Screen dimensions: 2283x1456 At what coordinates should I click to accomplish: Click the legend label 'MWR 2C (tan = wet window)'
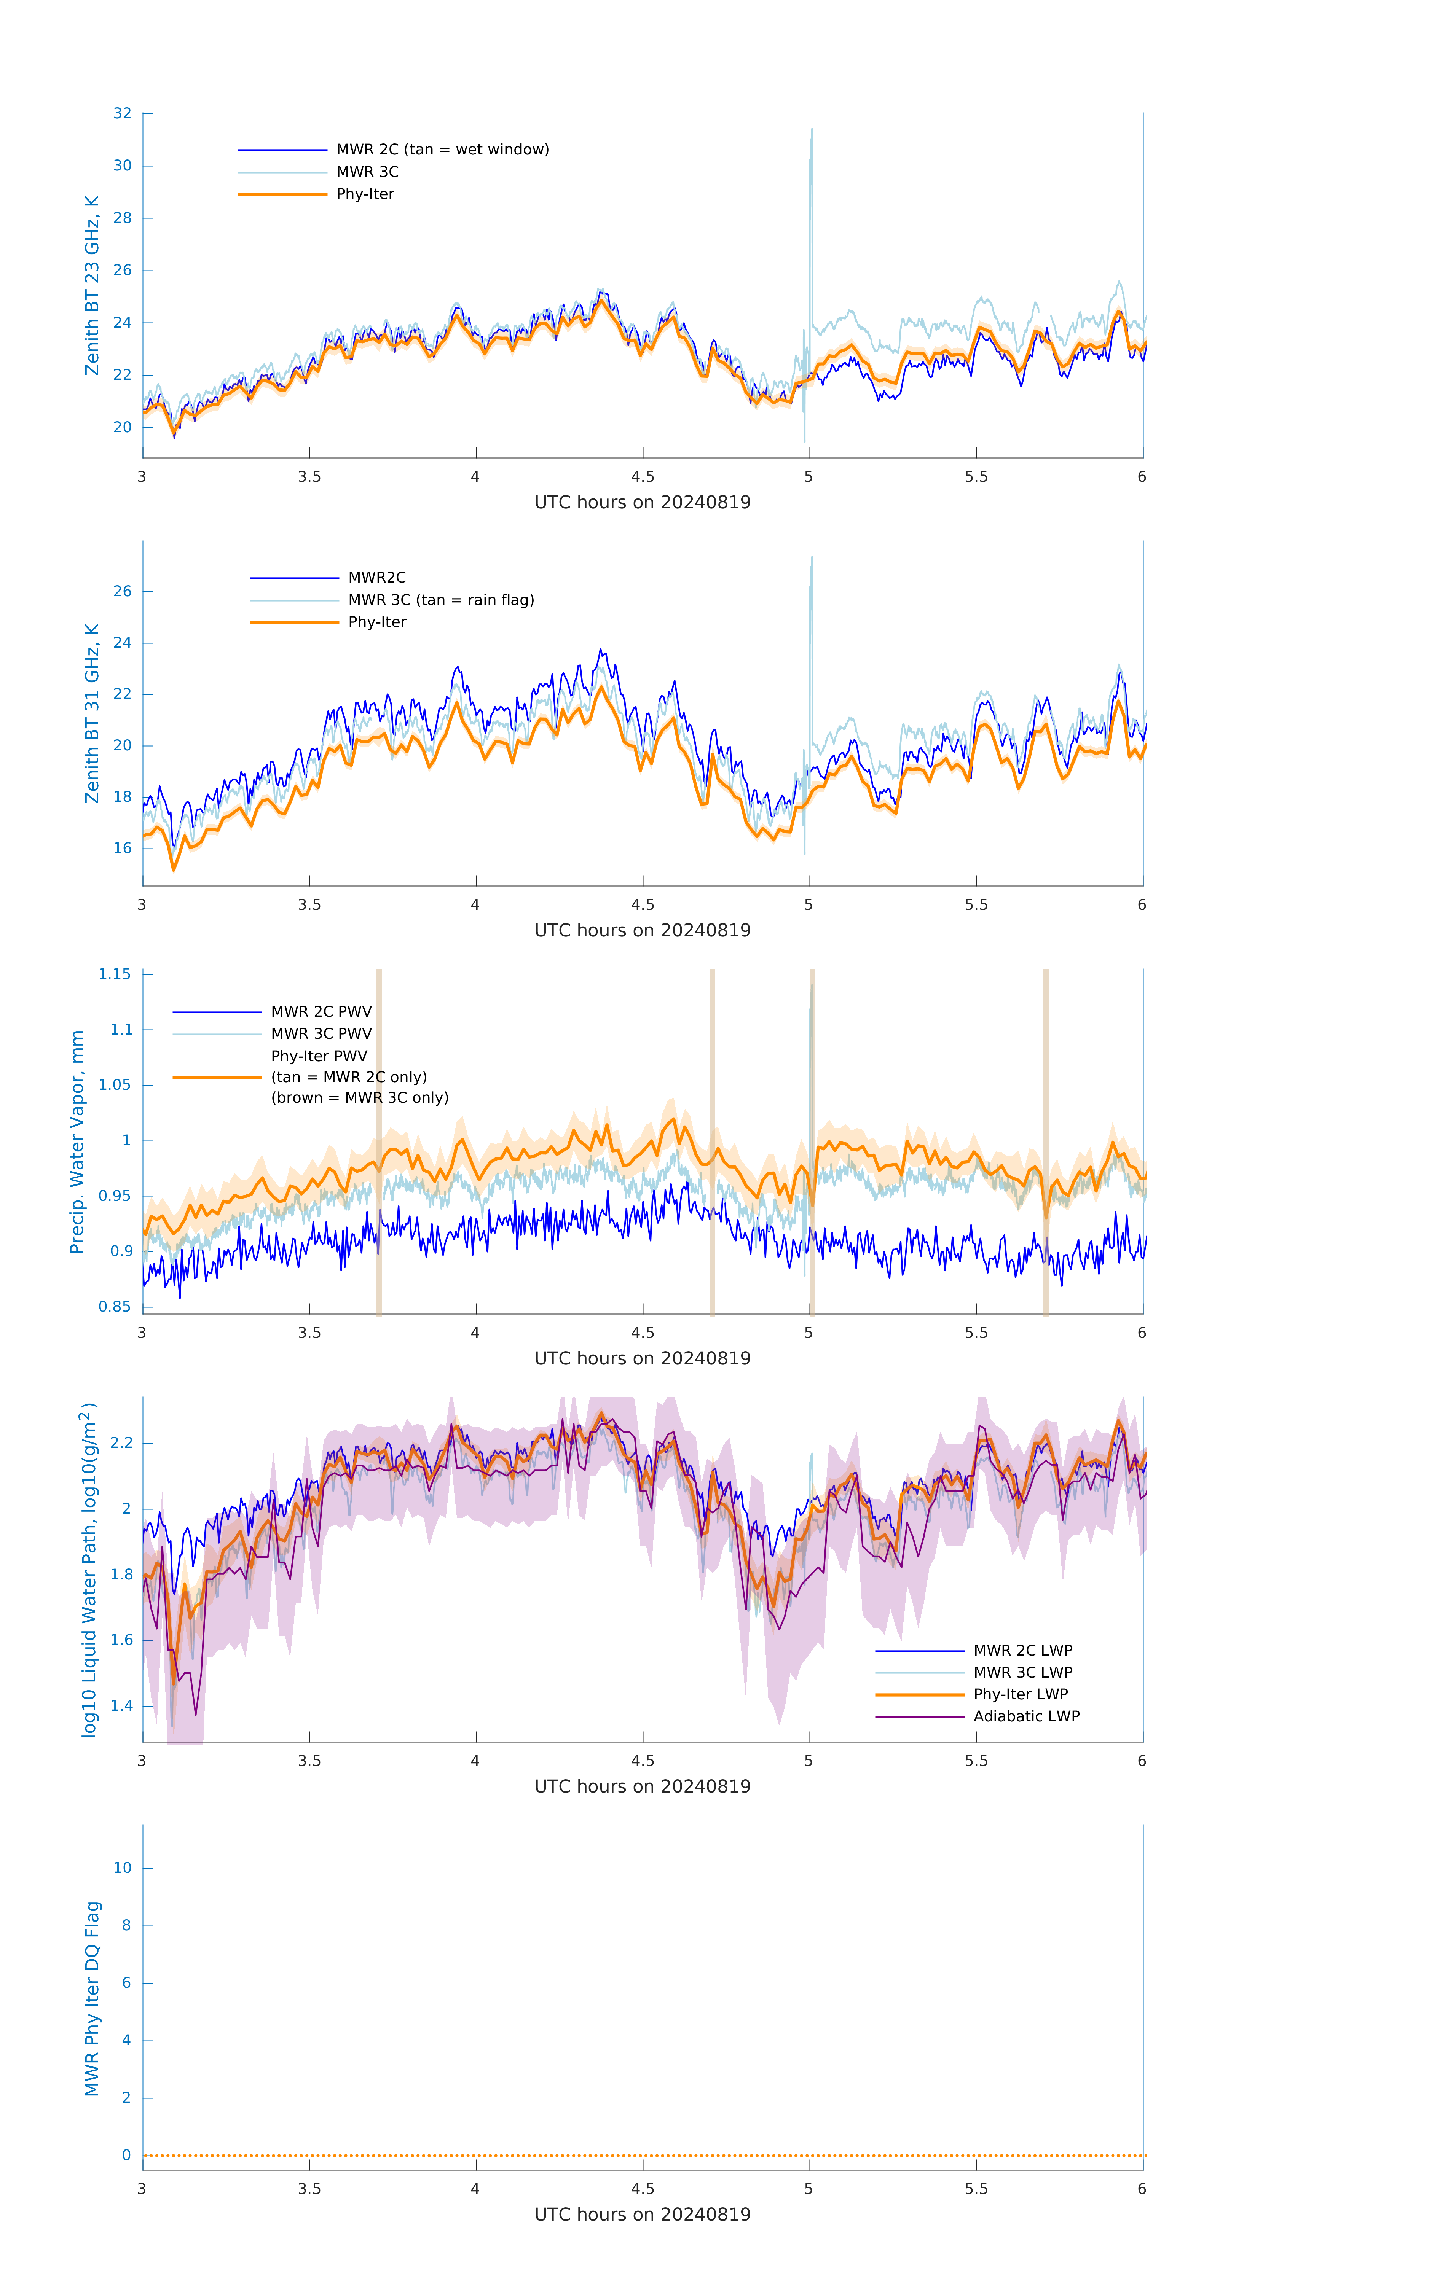pos(442,150)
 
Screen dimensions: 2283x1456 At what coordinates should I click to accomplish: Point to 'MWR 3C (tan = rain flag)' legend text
pos(441,600)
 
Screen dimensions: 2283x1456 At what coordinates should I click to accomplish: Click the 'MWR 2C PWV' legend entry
pos(321,1012)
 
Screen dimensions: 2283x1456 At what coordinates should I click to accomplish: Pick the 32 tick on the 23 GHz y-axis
pos(122,114)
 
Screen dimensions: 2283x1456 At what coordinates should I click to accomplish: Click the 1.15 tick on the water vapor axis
pos(115,974)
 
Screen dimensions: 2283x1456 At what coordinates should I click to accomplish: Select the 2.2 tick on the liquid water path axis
pos(121,1443)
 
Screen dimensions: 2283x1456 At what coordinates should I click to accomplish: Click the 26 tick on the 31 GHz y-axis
pos(122,592)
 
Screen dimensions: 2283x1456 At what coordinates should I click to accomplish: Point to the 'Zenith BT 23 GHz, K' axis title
pos(92,285)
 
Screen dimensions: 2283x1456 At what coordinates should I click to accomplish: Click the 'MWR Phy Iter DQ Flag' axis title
pos(92,1998)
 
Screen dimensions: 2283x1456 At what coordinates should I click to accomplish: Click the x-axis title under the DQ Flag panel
pos(642,2215)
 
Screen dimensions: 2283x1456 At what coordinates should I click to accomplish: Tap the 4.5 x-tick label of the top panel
pos(642,477)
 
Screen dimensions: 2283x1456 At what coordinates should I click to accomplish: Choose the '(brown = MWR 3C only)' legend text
pos(359,1098)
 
